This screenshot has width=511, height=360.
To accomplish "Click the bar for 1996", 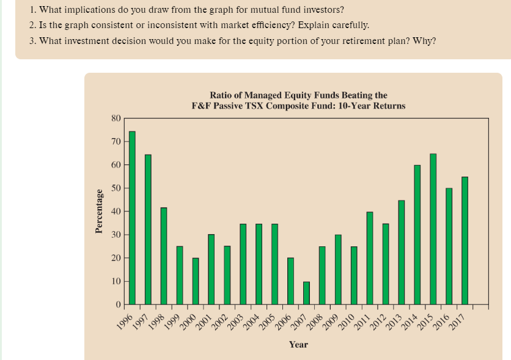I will (x=132, y=218).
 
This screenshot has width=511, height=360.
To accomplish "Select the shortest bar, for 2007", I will (x=307, y=293).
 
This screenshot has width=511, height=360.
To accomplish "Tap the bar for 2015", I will (x=433, y=229).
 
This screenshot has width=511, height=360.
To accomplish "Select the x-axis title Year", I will (x=298, y=345).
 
